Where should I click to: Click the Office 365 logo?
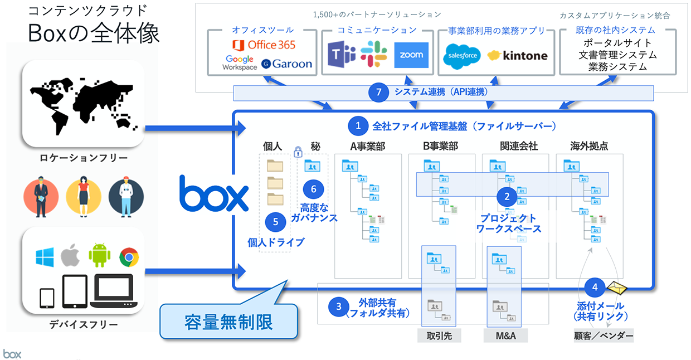[263, 44]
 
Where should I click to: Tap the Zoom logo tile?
[411, 55]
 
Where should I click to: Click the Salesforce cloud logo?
[461, 56]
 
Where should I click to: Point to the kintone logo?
[517, 56]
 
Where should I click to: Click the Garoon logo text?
[286, 64]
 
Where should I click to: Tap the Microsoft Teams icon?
[341, 55]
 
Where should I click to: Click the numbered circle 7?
[378, 93]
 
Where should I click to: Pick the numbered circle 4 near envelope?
[595, 288]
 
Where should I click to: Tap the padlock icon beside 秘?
[298, 150]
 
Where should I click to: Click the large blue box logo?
[213, 193]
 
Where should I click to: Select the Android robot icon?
[99, 255]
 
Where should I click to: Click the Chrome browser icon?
[129, 257]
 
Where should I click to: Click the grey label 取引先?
[439, 336]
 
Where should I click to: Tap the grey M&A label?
[505, 336]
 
